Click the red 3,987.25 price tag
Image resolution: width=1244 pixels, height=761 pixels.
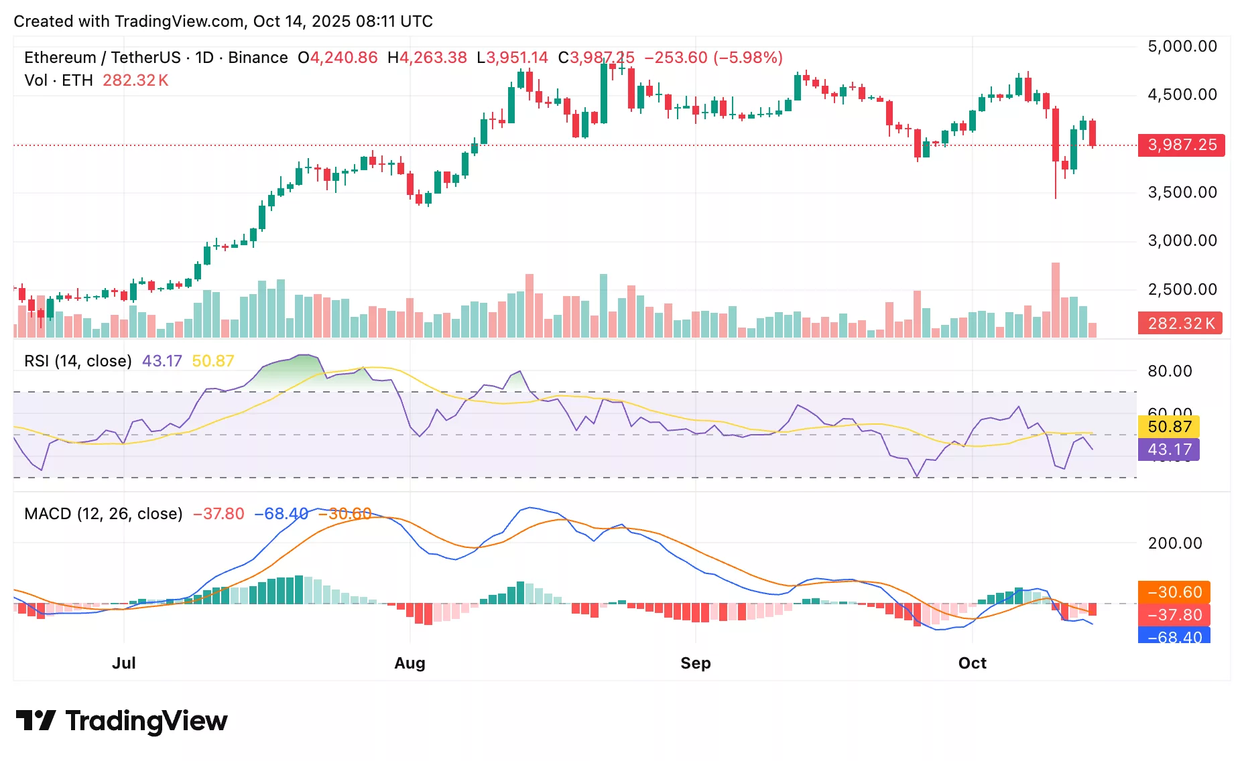click(1181, 145)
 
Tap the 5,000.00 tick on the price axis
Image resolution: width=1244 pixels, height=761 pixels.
click(1182, 46)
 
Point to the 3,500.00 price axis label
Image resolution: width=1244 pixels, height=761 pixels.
click(1182, 193)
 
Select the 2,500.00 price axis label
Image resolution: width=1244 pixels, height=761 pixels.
click(1182, 290)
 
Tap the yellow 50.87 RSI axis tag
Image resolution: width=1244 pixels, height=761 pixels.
click(1169, 427)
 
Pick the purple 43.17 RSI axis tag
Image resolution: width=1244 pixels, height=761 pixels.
click(1169, 449)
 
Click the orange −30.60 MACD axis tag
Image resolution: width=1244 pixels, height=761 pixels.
click(1174, 592)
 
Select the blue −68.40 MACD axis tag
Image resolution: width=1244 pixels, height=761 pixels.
click(1174, 636)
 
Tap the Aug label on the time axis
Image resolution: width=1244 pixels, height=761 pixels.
click(410, 663)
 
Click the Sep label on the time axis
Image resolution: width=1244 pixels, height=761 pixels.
click(695, 663)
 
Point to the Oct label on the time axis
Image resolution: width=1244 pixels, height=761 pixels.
click(972, 663)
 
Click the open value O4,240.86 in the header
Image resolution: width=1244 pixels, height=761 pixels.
click(338, 58)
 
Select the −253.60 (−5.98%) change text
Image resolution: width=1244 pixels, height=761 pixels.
click(713, 58)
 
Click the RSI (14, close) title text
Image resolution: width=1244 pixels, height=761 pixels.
click(78, 361)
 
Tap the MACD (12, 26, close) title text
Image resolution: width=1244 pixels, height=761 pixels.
click(103, 514)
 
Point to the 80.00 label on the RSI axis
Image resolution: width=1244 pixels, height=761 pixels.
click(1170, 371)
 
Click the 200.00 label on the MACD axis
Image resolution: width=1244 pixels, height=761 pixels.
click(1174, 543)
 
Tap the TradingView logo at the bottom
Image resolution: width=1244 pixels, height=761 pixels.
click(121, 721)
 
